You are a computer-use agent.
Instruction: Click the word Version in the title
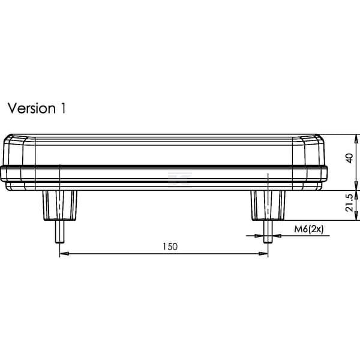tap(32, 108)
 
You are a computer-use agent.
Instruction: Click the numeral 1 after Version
tap(63, 108)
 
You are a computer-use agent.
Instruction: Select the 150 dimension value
tap(170, 247)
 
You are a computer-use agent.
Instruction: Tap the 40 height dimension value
tap(349, 158)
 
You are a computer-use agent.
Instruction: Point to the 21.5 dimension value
tap(349, 203)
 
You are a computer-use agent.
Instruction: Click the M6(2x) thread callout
tap(309, 229)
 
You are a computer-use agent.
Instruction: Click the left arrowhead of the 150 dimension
tap(64, 254)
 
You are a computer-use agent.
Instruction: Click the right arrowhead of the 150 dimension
tap(263, 254)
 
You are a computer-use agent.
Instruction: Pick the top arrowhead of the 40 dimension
tap(356, 139)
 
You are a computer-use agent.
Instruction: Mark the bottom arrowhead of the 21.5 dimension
tap(356, 216)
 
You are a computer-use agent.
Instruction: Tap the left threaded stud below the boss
tap(60, 232)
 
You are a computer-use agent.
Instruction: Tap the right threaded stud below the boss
tap(268, 232)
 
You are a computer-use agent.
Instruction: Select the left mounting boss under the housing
tap(60, 205)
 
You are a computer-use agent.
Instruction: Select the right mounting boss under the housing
tap(268, 205)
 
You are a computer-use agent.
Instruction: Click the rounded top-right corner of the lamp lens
tap(319, 138)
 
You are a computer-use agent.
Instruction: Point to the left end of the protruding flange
tap(1, 174)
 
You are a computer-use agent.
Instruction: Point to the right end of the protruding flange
tap(326, 174)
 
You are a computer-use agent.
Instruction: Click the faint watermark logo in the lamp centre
tap(180, 178)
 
